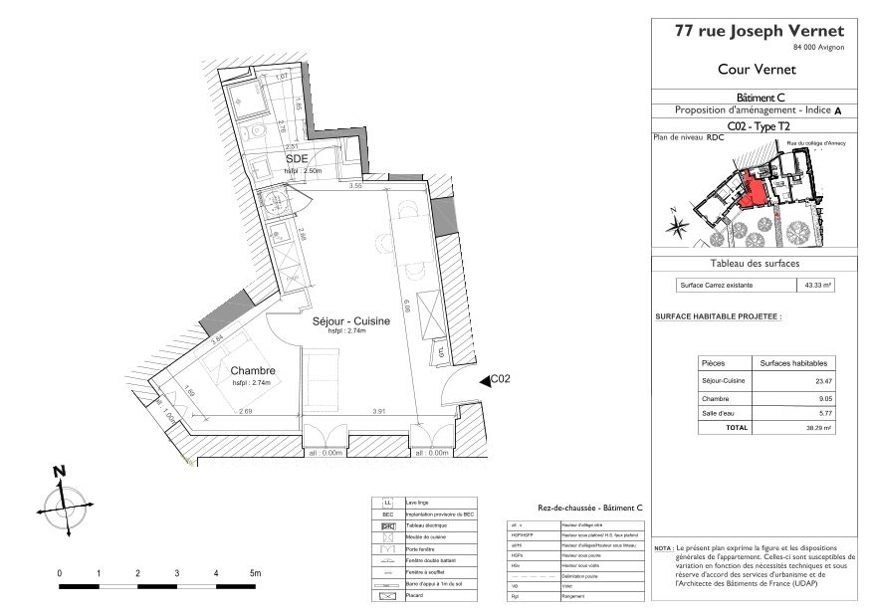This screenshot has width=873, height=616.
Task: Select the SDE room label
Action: [297, 159]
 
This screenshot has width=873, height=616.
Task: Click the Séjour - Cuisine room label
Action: [350, 321]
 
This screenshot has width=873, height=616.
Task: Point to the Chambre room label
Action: [252, 371]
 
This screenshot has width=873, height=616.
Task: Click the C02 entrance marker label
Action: [501, 379]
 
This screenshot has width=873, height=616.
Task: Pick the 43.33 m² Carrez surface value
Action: [817, 285]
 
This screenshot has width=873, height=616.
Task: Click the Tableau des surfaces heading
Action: [754, 264]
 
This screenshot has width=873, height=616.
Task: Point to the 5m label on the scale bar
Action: [255, 573]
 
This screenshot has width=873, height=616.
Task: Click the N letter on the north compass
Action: [59, 471]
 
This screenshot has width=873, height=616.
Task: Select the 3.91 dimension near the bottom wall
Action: [378, 411]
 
